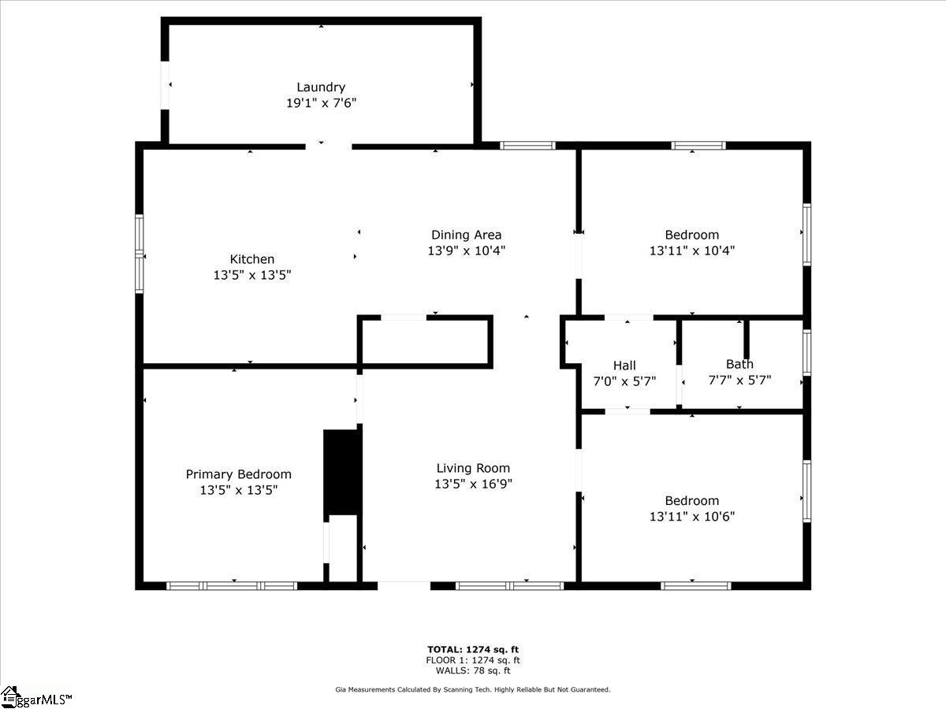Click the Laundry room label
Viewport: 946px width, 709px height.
321,87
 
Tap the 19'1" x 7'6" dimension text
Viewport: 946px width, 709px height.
321,103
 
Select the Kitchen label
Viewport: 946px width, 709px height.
252,259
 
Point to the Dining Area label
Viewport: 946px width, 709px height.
467,235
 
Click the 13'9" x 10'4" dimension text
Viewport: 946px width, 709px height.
467,251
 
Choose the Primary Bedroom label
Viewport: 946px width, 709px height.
238,474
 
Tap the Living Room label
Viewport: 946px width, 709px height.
473,469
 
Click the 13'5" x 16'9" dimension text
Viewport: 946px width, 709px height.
473,484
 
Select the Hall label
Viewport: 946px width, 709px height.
624,366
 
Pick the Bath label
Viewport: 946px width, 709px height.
739,364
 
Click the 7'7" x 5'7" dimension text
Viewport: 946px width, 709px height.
739,380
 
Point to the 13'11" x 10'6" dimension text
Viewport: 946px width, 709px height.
692,517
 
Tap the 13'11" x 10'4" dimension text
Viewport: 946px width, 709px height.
692,251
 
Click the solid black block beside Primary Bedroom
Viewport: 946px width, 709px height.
342,472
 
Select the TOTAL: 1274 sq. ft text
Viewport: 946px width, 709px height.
473,650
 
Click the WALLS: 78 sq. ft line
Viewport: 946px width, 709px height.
473,670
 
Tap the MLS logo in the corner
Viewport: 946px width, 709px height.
35,697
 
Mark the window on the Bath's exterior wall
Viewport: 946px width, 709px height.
806,352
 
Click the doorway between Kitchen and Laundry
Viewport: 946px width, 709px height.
329,146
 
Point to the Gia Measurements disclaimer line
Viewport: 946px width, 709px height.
473,689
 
